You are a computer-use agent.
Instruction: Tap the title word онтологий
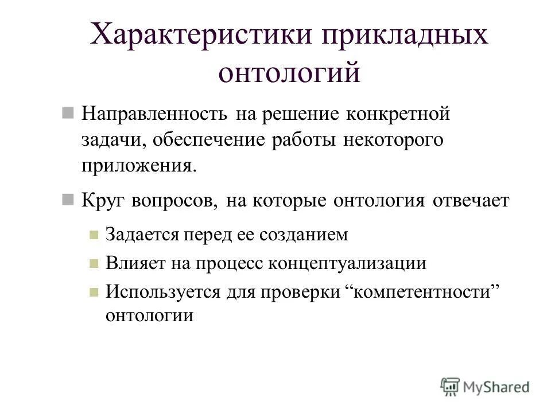pyautogui.click(x=290, y=73)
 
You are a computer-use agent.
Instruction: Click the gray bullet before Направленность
pyautogui.click(x=68, y=112)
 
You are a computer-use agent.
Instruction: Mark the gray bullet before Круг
pyautogui.click(x=68, y=200)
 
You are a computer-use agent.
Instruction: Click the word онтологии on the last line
pyautogui.click(x=149, y=315)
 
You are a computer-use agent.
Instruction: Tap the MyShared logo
pyautogui.click(x=485, y=387)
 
